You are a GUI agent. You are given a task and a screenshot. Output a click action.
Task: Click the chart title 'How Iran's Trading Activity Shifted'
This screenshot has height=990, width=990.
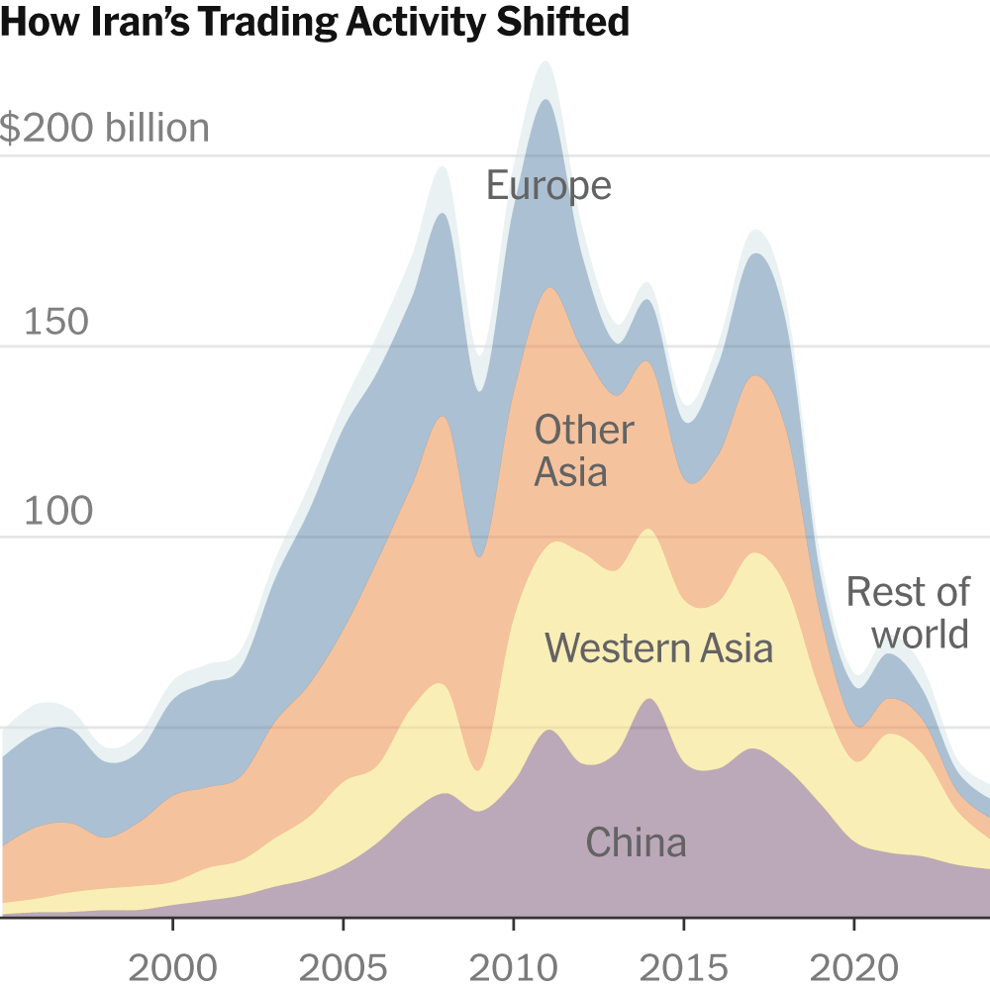(315, 22)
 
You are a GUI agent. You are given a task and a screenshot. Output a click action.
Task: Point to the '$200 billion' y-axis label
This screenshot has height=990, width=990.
(105, 129)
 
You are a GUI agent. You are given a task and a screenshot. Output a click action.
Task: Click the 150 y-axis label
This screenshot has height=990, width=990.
(55, 322)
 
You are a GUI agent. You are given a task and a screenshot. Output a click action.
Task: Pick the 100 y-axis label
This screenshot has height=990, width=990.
(55, 512)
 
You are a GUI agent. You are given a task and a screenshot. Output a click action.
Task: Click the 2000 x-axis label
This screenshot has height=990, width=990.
(172, 967)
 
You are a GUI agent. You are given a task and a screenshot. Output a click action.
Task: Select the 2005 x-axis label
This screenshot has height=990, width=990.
(343, 967)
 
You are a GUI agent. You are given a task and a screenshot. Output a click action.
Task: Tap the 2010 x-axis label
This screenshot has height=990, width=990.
(513, 967)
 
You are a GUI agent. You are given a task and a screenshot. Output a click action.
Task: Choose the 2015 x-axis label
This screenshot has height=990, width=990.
(683, 967)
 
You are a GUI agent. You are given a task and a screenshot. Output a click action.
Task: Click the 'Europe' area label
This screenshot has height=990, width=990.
(548, 186)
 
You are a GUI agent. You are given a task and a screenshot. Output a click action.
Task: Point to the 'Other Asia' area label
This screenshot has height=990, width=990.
(583, 450)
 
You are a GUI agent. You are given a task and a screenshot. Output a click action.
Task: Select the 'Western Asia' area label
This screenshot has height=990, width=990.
(658, 648)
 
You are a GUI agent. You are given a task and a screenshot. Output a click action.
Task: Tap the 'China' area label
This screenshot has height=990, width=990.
(636, 842)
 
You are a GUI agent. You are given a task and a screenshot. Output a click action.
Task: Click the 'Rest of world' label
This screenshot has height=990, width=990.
(907, 613)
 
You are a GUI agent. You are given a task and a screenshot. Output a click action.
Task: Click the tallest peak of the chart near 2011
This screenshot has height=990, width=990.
(544, 64)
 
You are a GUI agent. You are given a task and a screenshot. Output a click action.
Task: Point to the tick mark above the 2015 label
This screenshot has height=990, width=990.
(683, 926)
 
